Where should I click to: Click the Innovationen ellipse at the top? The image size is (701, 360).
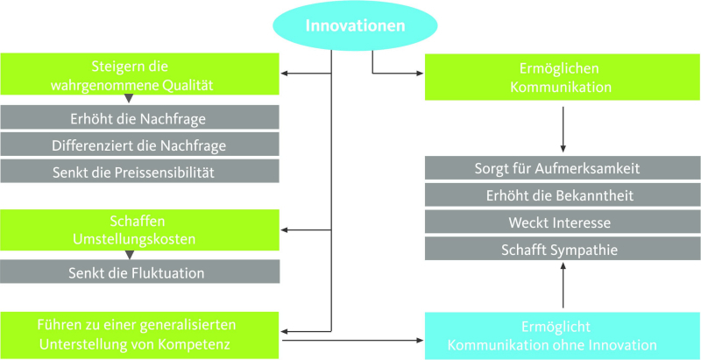click(x=356, y=25)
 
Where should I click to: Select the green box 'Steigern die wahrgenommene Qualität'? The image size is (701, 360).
click(x=140, y=74)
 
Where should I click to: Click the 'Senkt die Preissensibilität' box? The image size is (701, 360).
click(x=140, y=172)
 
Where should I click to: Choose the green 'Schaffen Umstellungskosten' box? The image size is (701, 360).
click(x=140, y=230)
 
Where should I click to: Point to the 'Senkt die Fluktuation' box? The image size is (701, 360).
click(x=140, y=272)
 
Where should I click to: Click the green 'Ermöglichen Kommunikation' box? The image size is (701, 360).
click(x=563, y=77)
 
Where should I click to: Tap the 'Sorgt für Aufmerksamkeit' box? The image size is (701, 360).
click(x=563, y=168)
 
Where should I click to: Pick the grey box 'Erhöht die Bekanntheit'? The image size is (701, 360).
click(x=563, y=194)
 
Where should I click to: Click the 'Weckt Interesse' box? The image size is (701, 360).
click(x=563, y=222)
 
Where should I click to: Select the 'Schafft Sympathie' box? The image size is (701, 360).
click(x=563, y=249)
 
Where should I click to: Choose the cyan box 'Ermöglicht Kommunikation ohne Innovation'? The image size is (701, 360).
click(x=563, y=335)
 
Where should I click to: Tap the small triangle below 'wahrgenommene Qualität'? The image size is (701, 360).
click(x=129, y=98)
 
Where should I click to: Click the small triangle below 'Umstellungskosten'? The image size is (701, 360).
click(x=129, y=255)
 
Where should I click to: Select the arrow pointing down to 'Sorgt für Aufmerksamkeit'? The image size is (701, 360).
click(x=563, y=129)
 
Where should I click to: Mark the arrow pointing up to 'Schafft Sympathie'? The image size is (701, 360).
click(x=563, y=285)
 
